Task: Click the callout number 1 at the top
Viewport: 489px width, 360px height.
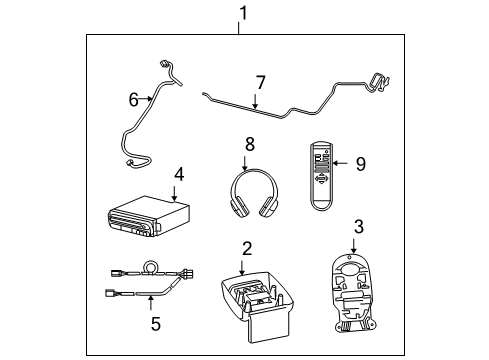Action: click(240, 12)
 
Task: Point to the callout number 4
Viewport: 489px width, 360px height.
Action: click(178, 174)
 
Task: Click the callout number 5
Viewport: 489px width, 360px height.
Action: click(155, 325)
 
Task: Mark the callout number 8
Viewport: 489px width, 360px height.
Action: click(250, 144)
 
